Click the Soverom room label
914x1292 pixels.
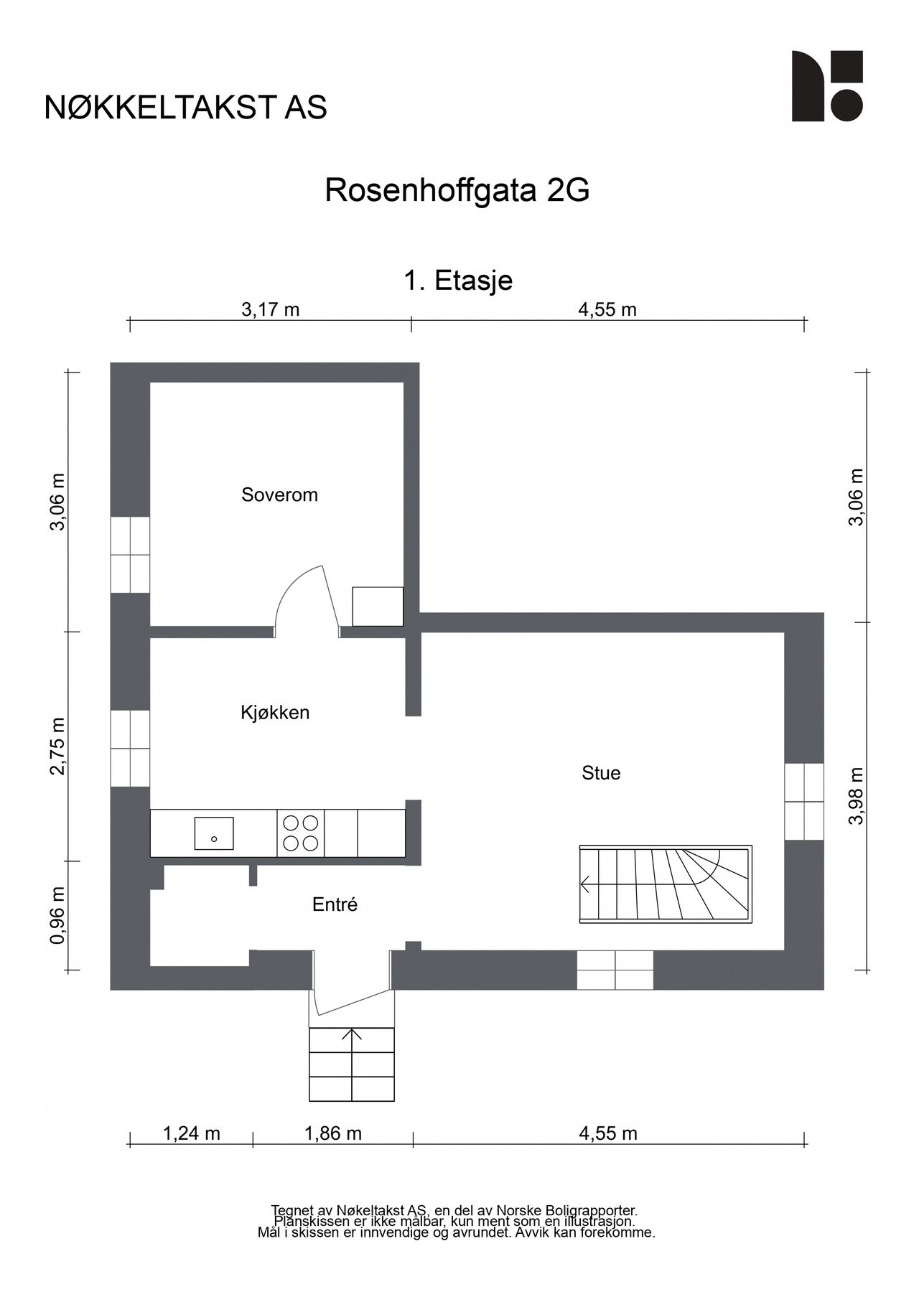click(x=279, y=495)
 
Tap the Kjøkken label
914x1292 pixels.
click(x=275, y=713)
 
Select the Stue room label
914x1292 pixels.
click(x=601, y=773)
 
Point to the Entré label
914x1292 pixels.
click(x=335, y=905)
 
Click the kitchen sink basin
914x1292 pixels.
click(x=214, y=833)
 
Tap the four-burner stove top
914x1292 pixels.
click(x=300, y=833)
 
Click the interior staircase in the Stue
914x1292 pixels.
click(x=666, y=884)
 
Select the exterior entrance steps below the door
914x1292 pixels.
click(x=352, y=1064)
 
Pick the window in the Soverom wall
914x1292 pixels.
click(x=130, y=554)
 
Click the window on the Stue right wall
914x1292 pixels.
click(x=803, y=801)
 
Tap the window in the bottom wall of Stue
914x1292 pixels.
click(x=615, y=970)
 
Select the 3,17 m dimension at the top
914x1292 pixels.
click(x=270, y=310)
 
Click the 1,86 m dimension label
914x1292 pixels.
click(x=333, y=1133)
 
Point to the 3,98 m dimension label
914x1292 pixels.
click(x=856, y=795)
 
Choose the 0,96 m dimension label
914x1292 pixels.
click(x=58, y=915)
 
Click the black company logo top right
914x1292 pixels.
click(x=826, y=86)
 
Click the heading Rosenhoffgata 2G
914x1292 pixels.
click(x=457, y=191)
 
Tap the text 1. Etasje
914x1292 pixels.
click(x=458, y=280)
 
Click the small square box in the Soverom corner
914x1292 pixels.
click(x=377, y=607)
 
